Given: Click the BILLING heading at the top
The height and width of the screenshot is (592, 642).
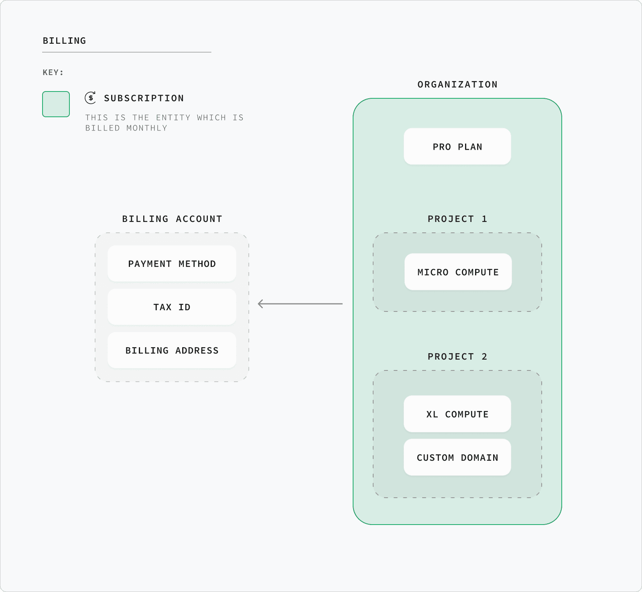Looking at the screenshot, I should [64, 41].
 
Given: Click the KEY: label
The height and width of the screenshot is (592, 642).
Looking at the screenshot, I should [53, 73].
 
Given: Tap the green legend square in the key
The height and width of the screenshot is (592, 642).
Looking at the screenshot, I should [56, 104].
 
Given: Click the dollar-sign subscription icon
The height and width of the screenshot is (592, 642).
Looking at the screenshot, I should [91, 98].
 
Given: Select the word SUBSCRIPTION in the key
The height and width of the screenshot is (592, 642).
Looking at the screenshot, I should [144, 98].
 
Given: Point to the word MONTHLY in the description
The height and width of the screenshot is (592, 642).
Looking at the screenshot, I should [147, 128].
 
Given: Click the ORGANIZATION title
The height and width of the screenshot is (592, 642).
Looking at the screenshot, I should [457, 85].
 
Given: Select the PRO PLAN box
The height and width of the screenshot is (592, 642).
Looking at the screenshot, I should [457, 147].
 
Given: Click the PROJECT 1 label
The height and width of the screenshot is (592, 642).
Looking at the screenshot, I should [457, 219].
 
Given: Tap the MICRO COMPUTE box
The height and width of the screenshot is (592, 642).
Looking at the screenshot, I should [458, 272].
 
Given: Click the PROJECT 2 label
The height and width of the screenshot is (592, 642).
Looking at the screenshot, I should [457, 357].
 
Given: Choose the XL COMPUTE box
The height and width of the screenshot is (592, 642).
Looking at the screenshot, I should [457, 414].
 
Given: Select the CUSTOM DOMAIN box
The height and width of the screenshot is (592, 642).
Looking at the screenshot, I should [457, 458].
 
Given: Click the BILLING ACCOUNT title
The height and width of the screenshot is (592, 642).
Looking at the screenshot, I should [172, 219].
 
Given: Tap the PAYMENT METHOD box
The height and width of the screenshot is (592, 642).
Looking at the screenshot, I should [172, 264].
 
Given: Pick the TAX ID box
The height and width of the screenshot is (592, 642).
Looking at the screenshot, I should [172, 307].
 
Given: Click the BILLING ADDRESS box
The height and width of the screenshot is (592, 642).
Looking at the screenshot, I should [172, 350].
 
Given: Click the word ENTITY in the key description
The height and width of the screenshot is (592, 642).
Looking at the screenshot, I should [173, 118].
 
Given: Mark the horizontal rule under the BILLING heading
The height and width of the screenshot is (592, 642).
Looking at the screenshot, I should [127, 52].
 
